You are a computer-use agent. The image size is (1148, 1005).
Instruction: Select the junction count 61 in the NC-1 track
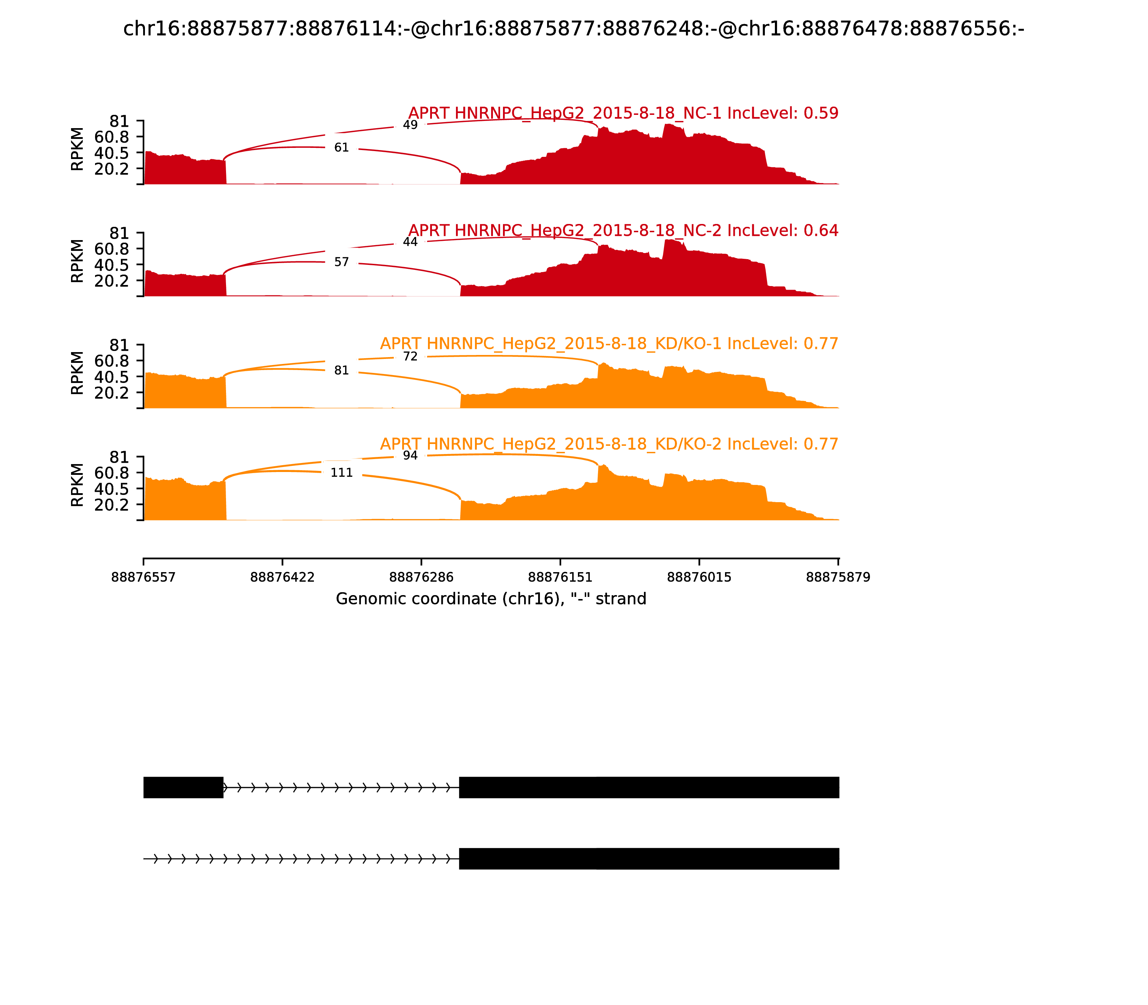tap(342, 148)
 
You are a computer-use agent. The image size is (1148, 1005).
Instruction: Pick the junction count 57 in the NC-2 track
tap(342, 262)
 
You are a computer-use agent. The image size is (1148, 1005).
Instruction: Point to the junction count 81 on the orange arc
tap(342, 370)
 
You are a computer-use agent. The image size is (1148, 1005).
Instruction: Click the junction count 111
tap(342, 473)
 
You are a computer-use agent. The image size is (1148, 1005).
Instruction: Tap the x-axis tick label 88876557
tap(143, 577)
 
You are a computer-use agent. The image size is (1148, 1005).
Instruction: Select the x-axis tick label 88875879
tap(838, 577)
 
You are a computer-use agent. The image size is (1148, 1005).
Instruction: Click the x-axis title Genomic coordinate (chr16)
tap(491, 599)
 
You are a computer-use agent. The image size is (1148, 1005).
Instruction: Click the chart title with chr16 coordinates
tap(573, 29)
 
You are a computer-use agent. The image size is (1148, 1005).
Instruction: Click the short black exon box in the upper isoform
tap(183, 787)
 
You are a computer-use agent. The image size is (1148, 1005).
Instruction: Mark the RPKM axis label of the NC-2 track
tap(77, 261)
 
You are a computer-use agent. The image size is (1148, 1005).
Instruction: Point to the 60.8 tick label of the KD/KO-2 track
tap(112, 473)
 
